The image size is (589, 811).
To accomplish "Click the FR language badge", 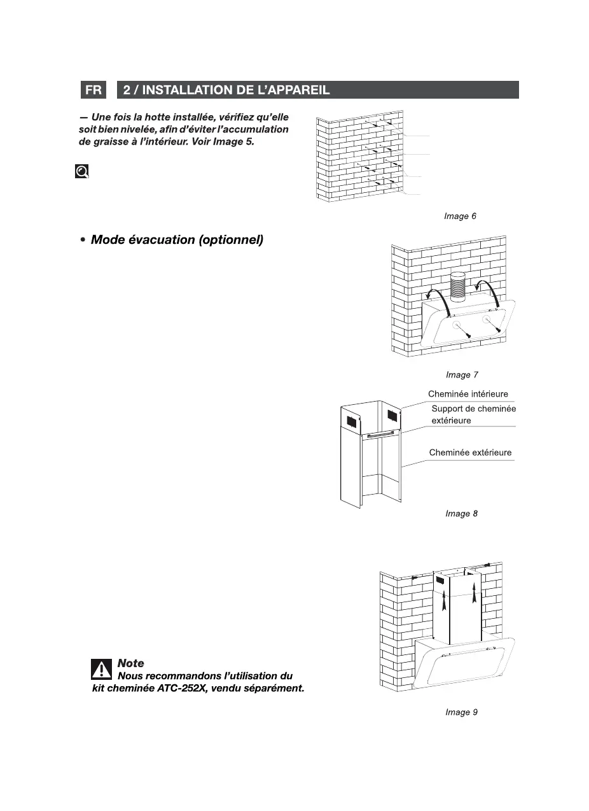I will click(94, 90).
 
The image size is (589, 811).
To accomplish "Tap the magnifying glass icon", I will click(82, 171).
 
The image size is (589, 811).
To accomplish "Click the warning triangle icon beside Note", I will click(100, 670).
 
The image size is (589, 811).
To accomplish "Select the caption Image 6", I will click(460, 216).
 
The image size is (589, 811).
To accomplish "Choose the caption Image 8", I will click(461, 514).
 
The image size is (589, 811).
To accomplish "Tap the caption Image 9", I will click(461, 712).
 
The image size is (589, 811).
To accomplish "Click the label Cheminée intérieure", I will click(468, 395).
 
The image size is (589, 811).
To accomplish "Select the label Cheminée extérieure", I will click(470, 453).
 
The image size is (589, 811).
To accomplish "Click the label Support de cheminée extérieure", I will click(473, 414).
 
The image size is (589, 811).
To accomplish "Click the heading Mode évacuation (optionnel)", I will click(177, 240).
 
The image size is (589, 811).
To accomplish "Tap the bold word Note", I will click(131, 663).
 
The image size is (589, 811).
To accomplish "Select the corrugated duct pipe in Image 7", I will click(457, 286).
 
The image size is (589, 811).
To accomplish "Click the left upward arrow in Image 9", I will click(445, 599).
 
